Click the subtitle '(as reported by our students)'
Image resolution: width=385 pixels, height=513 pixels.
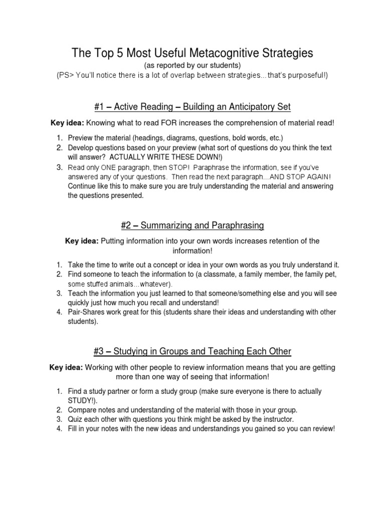pos(192,65)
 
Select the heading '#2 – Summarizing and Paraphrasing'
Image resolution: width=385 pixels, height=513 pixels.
pos(192,224)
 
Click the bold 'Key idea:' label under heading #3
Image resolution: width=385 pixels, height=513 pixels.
pos(66,367)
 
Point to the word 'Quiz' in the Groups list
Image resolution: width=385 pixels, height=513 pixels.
pos(75,419)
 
